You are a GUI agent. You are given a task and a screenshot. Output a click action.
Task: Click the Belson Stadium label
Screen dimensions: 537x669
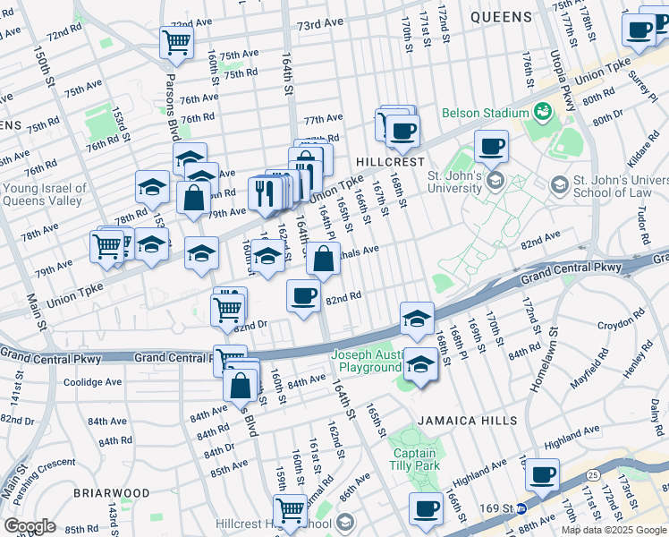[486, 114]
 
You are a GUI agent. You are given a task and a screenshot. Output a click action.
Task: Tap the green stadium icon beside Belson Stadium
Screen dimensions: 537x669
[541, 112]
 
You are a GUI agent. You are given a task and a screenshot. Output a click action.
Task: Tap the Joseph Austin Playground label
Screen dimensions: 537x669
[367, 361]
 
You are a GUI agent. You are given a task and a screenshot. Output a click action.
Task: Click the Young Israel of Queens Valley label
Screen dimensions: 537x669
[45, 195]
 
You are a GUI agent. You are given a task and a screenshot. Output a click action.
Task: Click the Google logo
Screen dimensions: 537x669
[30, 526]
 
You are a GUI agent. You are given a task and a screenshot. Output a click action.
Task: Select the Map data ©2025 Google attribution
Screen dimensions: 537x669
[614, 530]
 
